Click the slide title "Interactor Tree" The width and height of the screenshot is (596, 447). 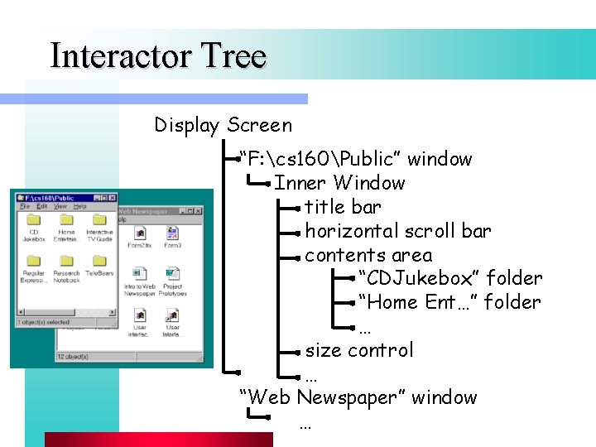(158, 56)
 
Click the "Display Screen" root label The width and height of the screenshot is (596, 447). (223, 126)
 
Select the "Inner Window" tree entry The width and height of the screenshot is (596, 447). (339, 183)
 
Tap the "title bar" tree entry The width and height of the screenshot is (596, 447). (343, 207)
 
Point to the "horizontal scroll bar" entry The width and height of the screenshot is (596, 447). (397, 231)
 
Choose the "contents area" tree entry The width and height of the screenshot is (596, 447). (368, 255)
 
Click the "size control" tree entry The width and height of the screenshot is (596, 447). (358, 350)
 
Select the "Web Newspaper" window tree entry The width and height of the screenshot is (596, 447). (358, 397)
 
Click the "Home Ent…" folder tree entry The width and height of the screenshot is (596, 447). (449, 302)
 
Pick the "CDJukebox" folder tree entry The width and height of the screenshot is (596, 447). (449, 278)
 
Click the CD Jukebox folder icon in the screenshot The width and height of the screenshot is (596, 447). (34, 220)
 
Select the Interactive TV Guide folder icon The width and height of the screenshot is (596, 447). (99, 220)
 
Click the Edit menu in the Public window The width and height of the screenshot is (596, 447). (41, 206)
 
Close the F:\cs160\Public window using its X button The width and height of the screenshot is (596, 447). (113, 198)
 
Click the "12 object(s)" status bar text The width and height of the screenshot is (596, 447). (73, 356)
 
